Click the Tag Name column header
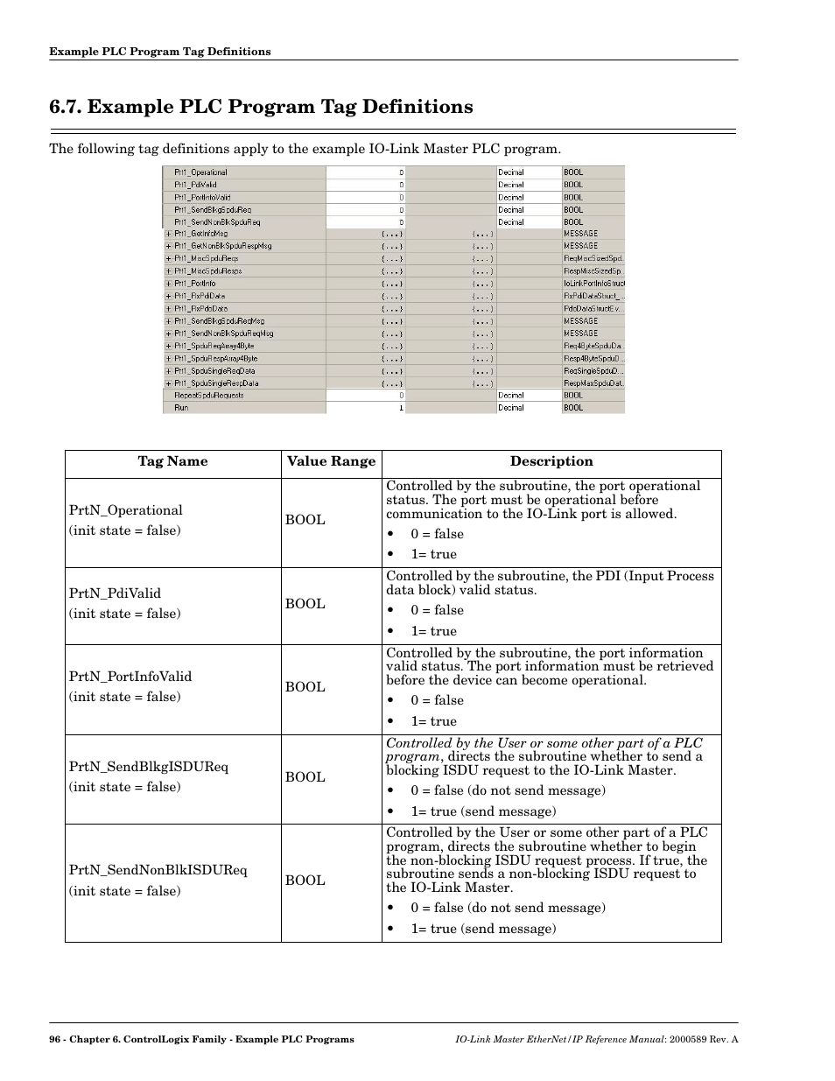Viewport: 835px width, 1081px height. pyautogui.click(x=172, y=461)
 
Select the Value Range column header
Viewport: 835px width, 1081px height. pyautogui.click(x=331, y=461)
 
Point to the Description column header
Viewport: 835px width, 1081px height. pyautogui.click(x=551, y=461)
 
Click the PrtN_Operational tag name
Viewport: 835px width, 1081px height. pyautogui.click(x=126, y=510)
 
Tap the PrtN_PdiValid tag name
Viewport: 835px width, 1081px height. pyautogui.click(x=116, y=593)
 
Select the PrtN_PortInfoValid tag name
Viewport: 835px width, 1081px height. pyautogui.click(x=130, y=677)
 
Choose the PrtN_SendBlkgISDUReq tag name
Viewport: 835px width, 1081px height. pyautogui.click(x=149, y=767)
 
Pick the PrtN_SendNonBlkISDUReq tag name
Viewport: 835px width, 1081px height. pyautogui.click(x=158, y=870)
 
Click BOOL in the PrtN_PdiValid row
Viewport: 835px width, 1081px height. pyautogui.click(x=305, y=604)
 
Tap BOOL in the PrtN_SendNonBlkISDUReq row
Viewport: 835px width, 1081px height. pyautogui.click(x=305, y=881)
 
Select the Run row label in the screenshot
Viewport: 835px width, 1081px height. pyautogui.click(x=181, y=408)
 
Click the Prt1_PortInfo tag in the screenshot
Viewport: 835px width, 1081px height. pyautogui.click(x=194, y=284)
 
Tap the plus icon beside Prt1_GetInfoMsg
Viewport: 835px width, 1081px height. pyautogui.click(x=168, y=234)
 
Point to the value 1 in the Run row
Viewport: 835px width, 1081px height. pyautogui.click(x=402, y=408)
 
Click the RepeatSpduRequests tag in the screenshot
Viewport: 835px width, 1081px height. pyautogui.click(x=208, y=396)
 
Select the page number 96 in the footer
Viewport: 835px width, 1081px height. pyautogui.click(x=55, y=1039)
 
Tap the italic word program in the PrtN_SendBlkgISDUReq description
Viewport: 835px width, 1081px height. pyautogui.click(x=412, y=756)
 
